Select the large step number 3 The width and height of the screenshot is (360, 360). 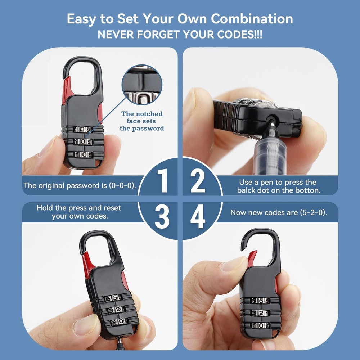click(162, 217)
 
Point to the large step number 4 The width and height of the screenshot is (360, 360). click(198, 217)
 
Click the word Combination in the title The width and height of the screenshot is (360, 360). click(252, 19)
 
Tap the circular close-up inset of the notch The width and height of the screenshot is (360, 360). click(142, 85)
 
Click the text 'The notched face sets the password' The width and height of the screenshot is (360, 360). click(142, 121)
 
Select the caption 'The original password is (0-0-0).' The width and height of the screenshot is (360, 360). click(80, 186)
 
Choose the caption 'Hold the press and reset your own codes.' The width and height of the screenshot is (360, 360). click(79, 212)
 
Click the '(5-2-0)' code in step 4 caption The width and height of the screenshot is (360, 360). click(313, 212)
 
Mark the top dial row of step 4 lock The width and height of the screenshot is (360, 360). click(260, 301)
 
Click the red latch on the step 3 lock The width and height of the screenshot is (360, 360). click(87, 263)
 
